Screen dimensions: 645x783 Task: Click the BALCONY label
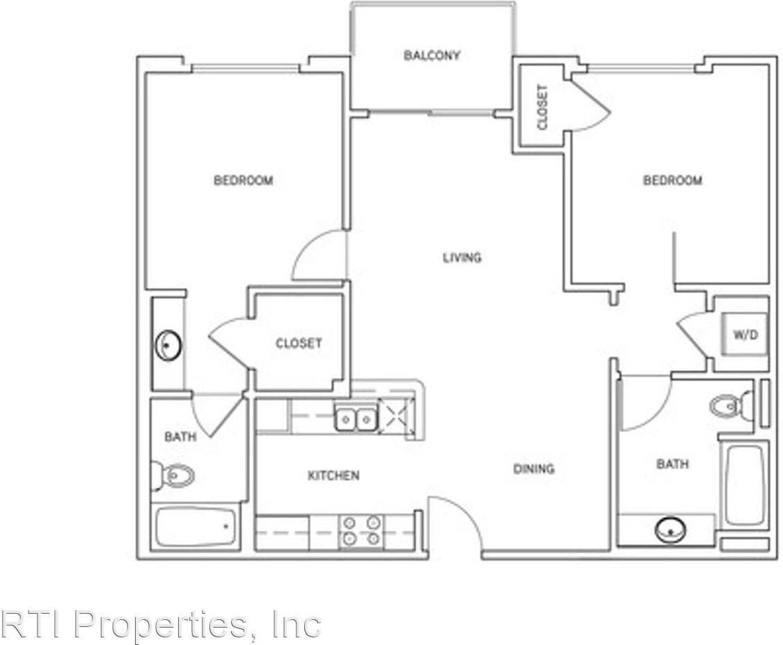click(432, 56)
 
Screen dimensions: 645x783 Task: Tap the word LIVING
click(462, 257)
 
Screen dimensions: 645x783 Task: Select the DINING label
click(534, 468)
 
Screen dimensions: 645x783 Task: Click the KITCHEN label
click(333, 475)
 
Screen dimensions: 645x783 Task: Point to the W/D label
click(744, 335)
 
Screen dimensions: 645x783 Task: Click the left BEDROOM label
click(243, 181)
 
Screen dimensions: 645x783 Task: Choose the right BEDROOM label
click(672, 181)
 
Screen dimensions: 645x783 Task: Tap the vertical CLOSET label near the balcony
click(543, 107)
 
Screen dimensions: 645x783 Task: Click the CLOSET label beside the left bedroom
click(299, 343)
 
